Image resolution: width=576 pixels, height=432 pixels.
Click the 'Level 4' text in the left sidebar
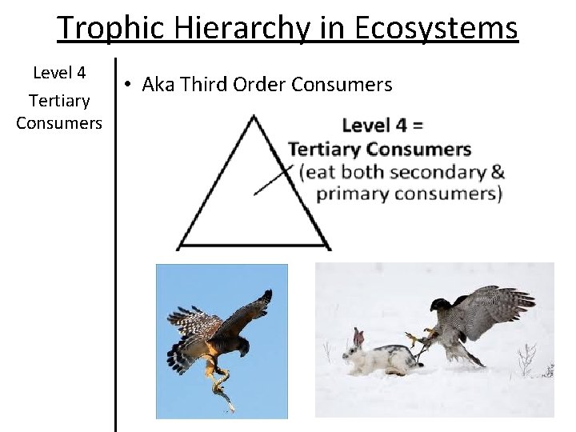coord(59,74)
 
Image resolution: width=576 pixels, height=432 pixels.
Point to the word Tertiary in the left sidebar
coord(59,101)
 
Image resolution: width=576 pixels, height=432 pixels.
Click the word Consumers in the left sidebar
coord(59,123)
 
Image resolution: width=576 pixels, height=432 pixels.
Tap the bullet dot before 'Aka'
coord(129,84)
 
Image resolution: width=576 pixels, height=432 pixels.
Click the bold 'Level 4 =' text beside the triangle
coord(382,126)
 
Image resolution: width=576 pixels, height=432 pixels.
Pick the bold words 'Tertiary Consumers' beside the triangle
coord(380,149)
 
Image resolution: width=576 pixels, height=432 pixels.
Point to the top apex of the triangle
coord(254,116)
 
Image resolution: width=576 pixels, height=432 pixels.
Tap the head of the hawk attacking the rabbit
coord(442,306)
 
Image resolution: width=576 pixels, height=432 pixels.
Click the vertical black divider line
coord(117,240)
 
